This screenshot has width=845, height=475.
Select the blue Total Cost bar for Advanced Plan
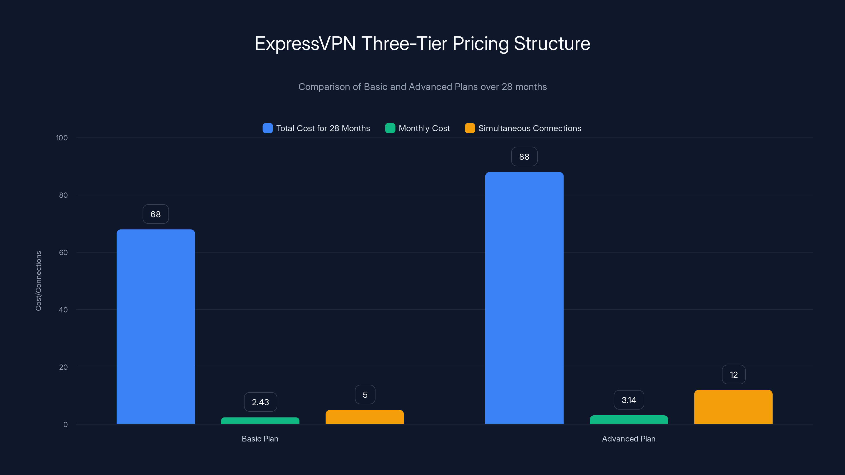point(524,298)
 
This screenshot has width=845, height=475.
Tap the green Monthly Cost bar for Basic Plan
point(260,421)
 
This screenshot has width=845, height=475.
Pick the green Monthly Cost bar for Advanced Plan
point(628,420)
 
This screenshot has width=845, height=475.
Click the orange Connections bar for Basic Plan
point(364,417)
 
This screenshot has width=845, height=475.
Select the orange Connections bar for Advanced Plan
point(733,407)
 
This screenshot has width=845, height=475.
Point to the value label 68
point(156,214)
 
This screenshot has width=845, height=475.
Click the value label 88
point(524,157)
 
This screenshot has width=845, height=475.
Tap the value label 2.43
point(260,402)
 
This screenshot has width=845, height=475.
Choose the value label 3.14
point(628,400)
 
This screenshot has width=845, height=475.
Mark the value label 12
point(734,375)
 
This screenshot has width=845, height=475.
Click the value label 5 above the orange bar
point(365,395)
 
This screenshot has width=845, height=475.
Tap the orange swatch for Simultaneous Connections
point(470,128)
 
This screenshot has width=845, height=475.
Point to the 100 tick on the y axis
point(62,138)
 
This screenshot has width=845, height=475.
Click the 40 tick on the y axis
point(63,310)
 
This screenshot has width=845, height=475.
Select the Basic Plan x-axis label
point(260,439)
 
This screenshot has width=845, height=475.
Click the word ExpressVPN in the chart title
point(305,44)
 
